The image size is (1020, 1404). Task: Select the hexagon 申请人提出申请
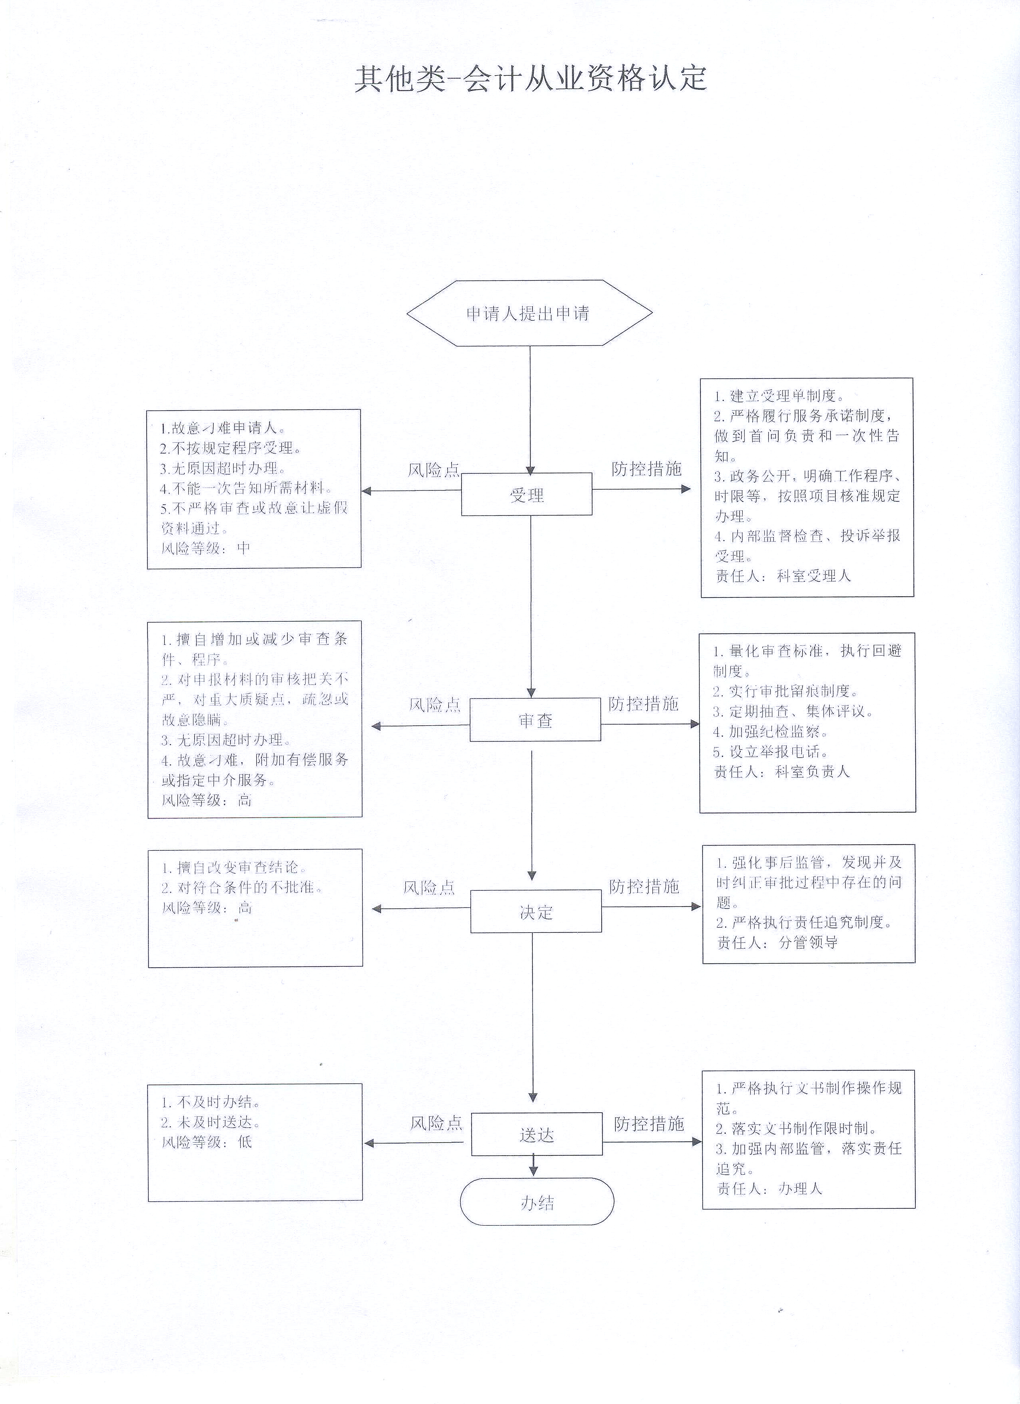[529, 313]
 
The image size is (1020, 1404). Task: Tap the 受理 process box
[527, 494]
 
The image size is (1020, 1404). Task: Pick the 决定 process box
[536, 911]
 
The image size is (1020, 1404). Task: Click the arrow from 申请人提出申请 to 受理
[530, 409]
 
